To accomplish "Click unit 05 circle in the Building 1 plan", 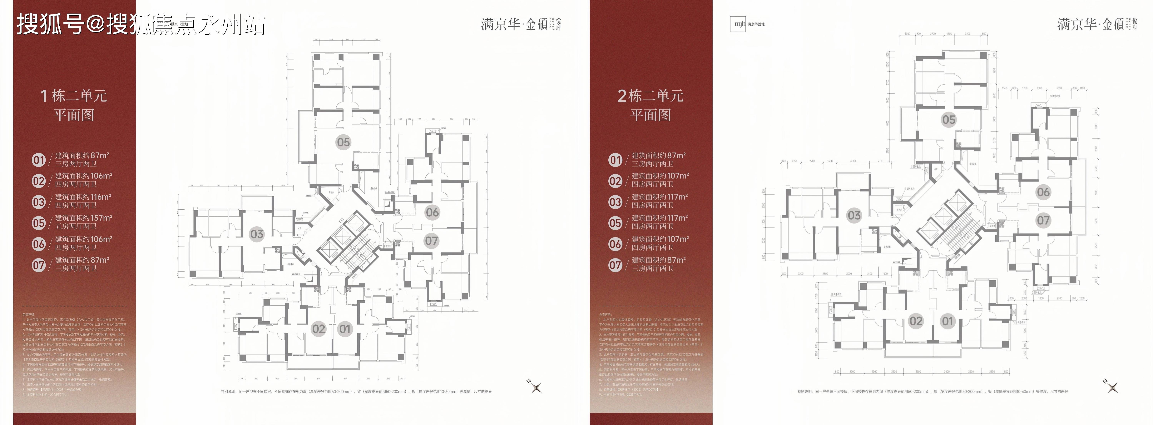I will [x=343, y=142].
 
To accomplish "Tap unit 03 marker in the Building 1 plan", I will [x=256, y=234].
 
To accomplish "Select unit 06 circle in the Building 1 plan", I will [x=432, y=212].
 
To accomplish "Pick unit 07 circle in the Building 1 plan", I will [x=431, y=241].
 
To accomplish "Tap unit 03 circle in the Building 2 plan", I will [x=854, y=215].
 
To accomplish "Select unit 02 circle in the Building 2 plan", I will [x=916, y=321].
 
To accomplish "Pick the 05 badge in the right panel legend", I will [x=616, y=223].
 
